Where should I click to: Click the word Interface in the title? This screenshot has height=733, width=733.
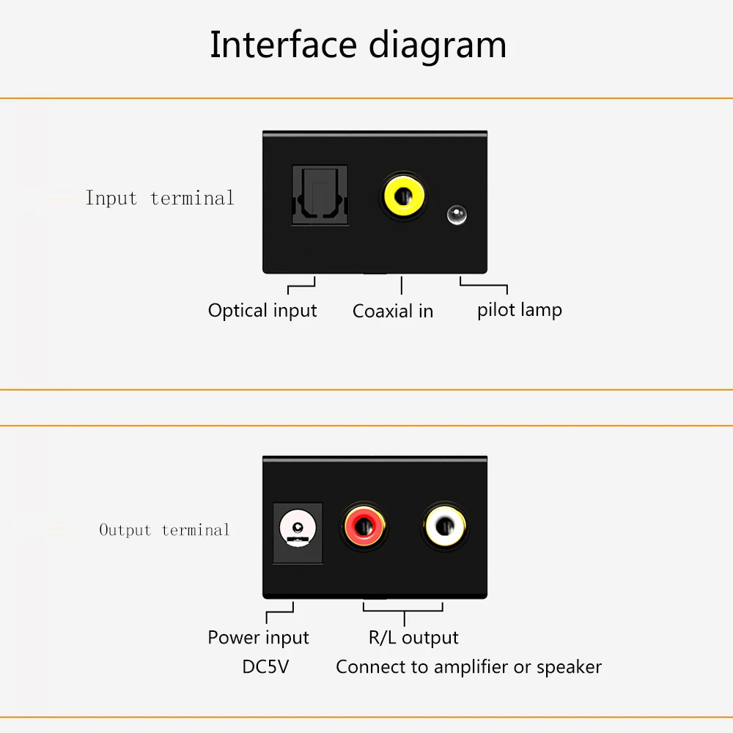point(283,45)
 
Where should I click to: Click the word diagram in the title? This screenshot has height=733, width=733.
point(438,47)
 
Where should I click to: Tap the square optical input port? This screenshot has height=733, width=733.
point(320,195)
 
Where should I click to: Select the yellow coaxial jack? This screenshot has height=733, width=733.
point(403,196)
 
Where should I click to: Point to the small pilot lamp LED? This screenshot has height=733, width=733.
point(457,215)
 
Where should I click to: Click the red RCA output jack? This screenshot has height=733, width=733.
point(364,527)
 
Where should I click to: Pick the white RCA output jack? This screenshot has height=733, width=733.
point(445,527)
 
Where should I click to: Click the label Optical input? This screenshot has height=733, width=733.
point(262,311)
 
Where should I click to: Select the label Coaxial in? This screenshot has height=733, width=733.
point(393,312)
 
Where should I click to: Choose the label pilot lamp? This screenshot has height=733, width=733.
point(520,310)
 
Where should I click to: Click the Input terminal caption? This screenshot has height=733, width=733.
point(159,198)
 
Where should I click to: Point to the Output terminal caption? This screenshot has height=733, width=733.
point(164,530)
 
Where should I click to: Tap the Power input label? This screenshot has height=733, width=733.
point(258,638)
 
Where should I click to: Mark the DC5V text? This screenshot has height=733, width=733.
point(265,666)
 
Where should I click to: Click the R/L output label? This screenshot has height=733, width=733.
point(413,638)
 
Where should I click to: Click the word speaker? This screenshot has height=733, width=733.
point(569,668)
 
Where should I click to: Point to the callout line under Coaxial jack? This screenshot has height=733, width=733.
point(402,285)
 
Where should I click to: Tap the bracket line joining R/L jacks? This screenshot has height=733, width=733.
point(403,611)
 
